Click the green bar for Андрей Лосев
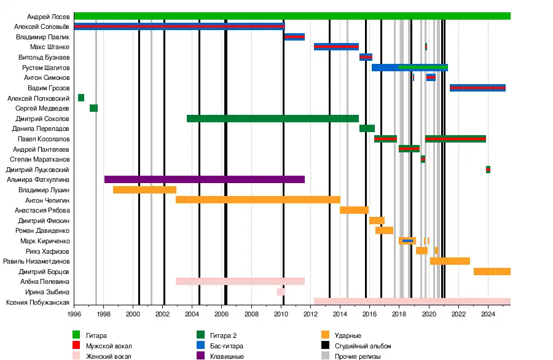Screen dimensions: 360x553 tap(292, 16)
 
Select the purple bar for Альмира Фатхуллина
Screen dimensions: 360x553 tap(205, 179)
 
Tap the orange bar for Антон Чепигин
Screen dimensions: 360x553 tap(258, 200)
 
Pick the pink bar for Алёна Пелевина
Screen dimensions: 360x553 tap(240, 281)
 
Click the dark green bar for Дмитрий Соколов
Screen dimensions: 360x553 tap(273, 119)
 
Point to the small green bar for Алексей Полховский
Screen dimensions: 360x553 tap(81, 98)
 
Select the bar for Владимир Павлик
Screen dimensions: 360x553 tap(294, 37)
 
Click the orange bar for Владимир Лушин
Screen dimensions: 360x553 tap(144, 190)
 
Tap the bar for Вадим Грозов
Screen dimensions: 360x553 tap(477, 88)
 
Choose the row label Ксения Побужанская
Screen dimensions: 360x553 tap(37, 302)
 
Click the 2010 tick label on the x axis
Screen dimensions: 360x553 tap(281, 314)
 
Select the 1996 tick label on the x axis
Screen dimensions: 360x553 tap(74, 314)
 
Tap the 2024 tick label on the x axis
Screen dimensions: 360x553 tap(488, 314)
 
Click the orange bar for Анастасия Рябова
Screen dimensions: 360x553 tap(354, 210)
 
